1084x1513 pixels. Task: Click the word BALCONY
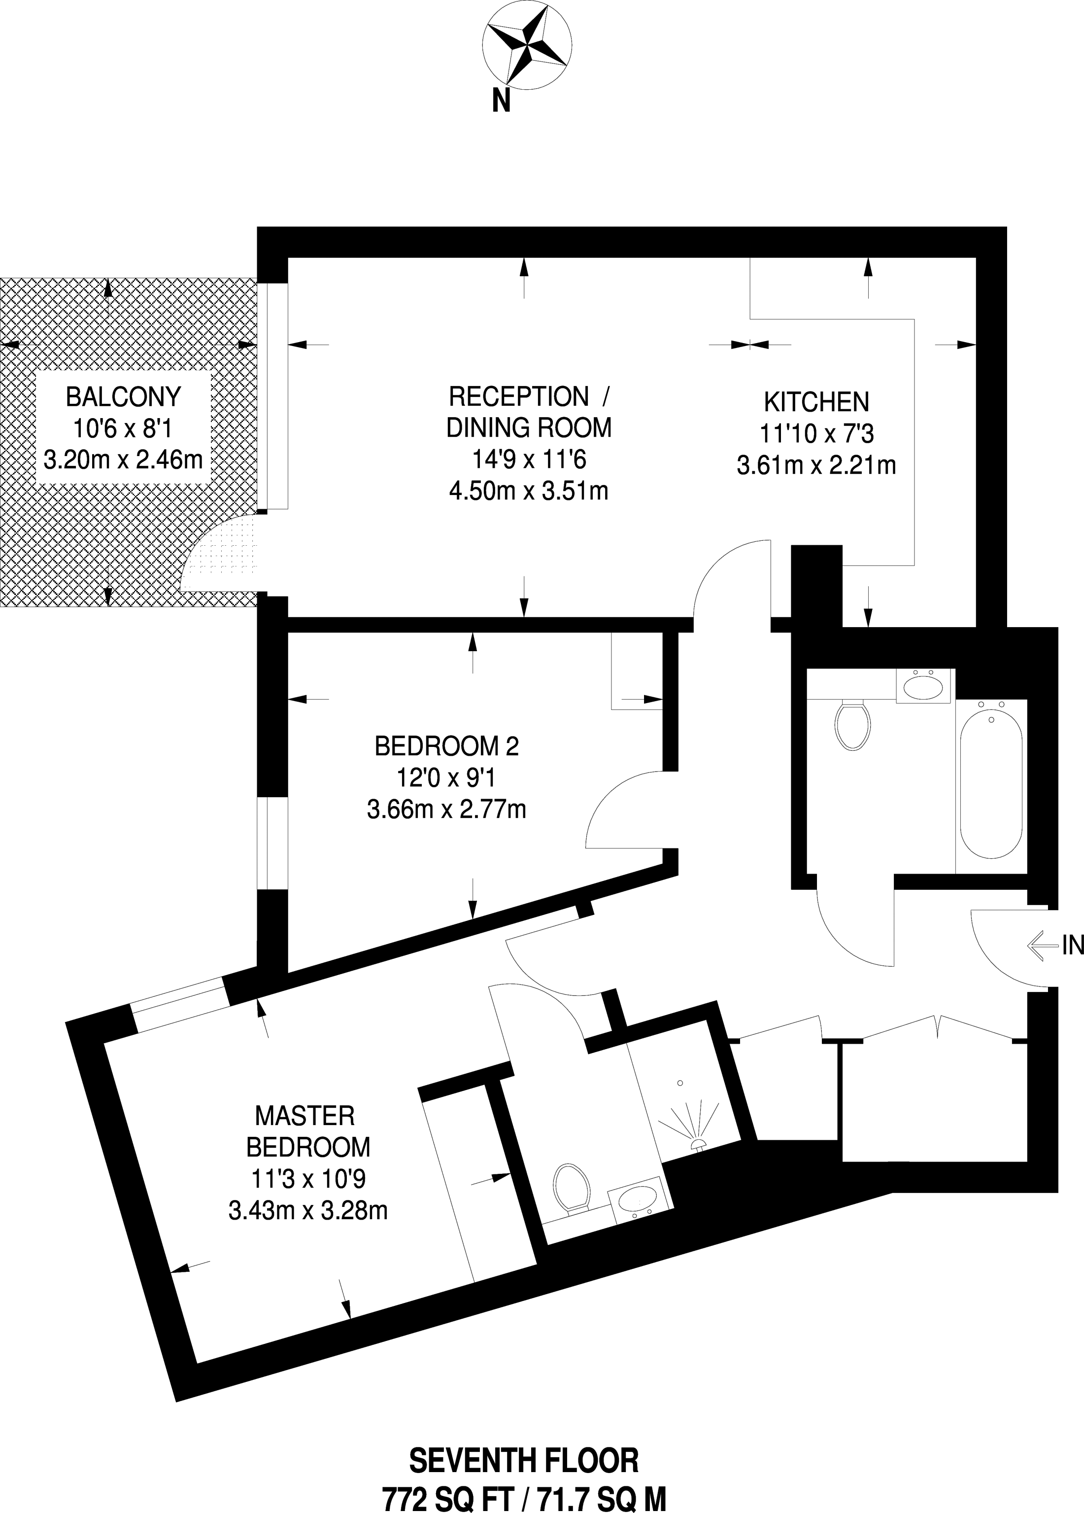click(123, 397)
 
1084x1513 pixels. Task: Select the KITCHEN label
click(816, 402)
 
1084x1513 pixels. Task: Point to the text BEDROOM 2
click(447, 746)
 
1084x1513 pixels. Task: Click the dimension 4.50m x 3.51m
click(529, 491)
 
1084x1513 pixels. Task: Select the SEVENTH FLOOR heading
click(524, 1460)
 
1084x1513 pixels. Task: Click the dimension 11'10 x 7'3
click(816, 434)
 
